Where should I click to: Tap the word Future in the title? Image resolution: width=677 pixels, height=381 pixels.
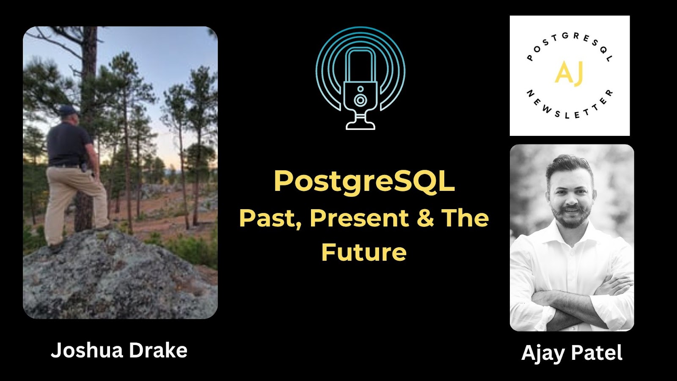(x=364, y=252)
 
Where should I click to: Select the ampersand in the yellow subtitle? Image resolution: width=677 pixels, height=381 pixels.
(x=425, y=218)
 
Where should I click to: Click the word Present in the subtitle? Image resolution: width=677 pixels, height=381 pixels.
(x=359, y=218)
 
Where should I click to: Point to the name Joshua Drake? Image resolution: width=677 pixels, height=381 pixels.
(x=119, y=351)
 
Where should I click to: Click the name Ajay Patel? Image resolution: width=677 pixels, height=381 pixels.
(x=572, y=353)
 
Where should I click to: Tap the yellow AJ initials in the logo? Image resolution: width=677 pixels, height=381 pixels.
(x=569, y=73)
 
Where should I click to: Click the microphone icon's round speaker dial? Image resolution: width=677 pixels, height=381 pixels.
(x=361, y=100)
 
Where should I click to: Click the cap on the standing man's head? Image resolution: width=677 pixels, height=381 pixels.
(x=68, y=110)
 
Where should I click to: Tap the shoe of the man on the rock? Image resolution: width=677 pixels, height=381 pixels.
(x=55, y=246)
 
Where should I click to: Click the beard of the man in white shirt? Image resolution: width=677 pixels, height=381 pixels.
(x=571, y=218)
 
